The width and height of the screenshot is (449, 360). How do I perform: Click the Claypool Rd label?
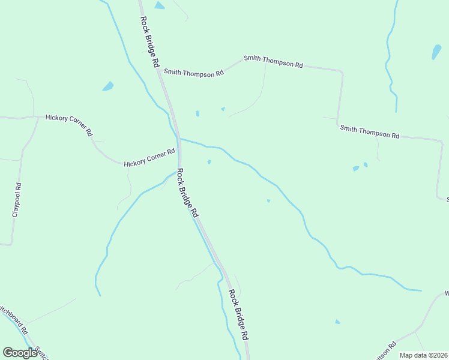point(17,200)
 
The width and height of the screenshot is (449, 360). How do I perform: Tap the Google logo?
point(19,353)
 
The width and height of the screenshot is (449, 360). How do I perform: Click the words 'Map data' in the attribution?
point(412,355)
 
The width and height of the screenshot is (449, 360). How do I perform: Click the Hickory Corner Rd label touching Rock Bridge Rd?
point(149,160)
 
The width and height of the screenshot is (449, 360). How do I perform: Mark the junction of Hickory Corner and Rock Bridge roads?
point(179,153)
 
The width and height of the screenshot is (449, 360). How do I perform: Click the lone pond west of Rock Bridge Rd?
point(108,86)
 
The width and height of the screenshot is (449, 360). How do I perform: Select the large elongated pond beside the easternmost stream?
point(436,52)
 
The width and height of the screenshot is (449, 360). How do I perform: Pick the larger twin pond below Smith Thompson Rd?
point(356,169)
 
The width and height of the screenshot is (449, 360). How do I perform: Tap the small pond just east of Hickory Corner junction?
point(209,162)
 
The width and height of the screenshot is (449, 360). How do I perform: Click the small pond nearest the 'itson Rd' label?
point(337,322)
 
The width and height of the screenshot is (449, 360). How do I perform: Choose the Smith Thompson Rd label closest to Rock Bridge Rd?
point(194,72)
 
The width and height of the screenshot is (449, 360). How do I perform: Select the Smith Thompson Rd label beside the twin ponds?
point(369,132)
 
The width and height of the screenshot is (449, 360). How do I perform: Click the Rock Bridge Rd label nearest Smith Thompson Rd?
point(151,41)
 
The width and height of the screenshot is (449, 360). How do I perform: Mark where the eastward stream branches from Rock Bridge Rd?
point(179,139)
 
